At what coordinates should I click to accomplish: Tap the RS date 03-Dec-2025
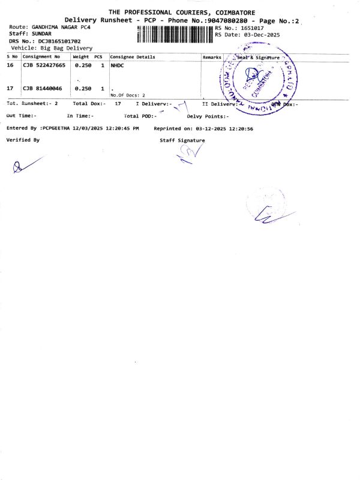(259, 35)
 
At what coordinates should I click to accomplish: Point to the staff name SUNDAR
(44, 34)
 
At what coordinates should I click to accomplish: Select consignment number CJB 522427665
(44, 65)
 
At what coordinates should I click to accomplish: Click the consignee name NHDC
(117, 65)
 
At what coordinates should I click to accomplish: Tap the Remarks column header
(212, 57)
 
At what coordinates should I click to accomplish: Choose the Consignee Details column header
(133, 57)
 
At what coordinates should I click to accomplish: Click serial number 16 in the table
(10, 65)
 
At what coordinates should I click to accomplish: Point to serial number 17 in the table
(10, 88)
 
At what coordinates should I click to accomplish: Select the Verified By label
(23, 139)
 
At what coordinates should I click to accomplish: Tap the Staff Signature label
(182, 140)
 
